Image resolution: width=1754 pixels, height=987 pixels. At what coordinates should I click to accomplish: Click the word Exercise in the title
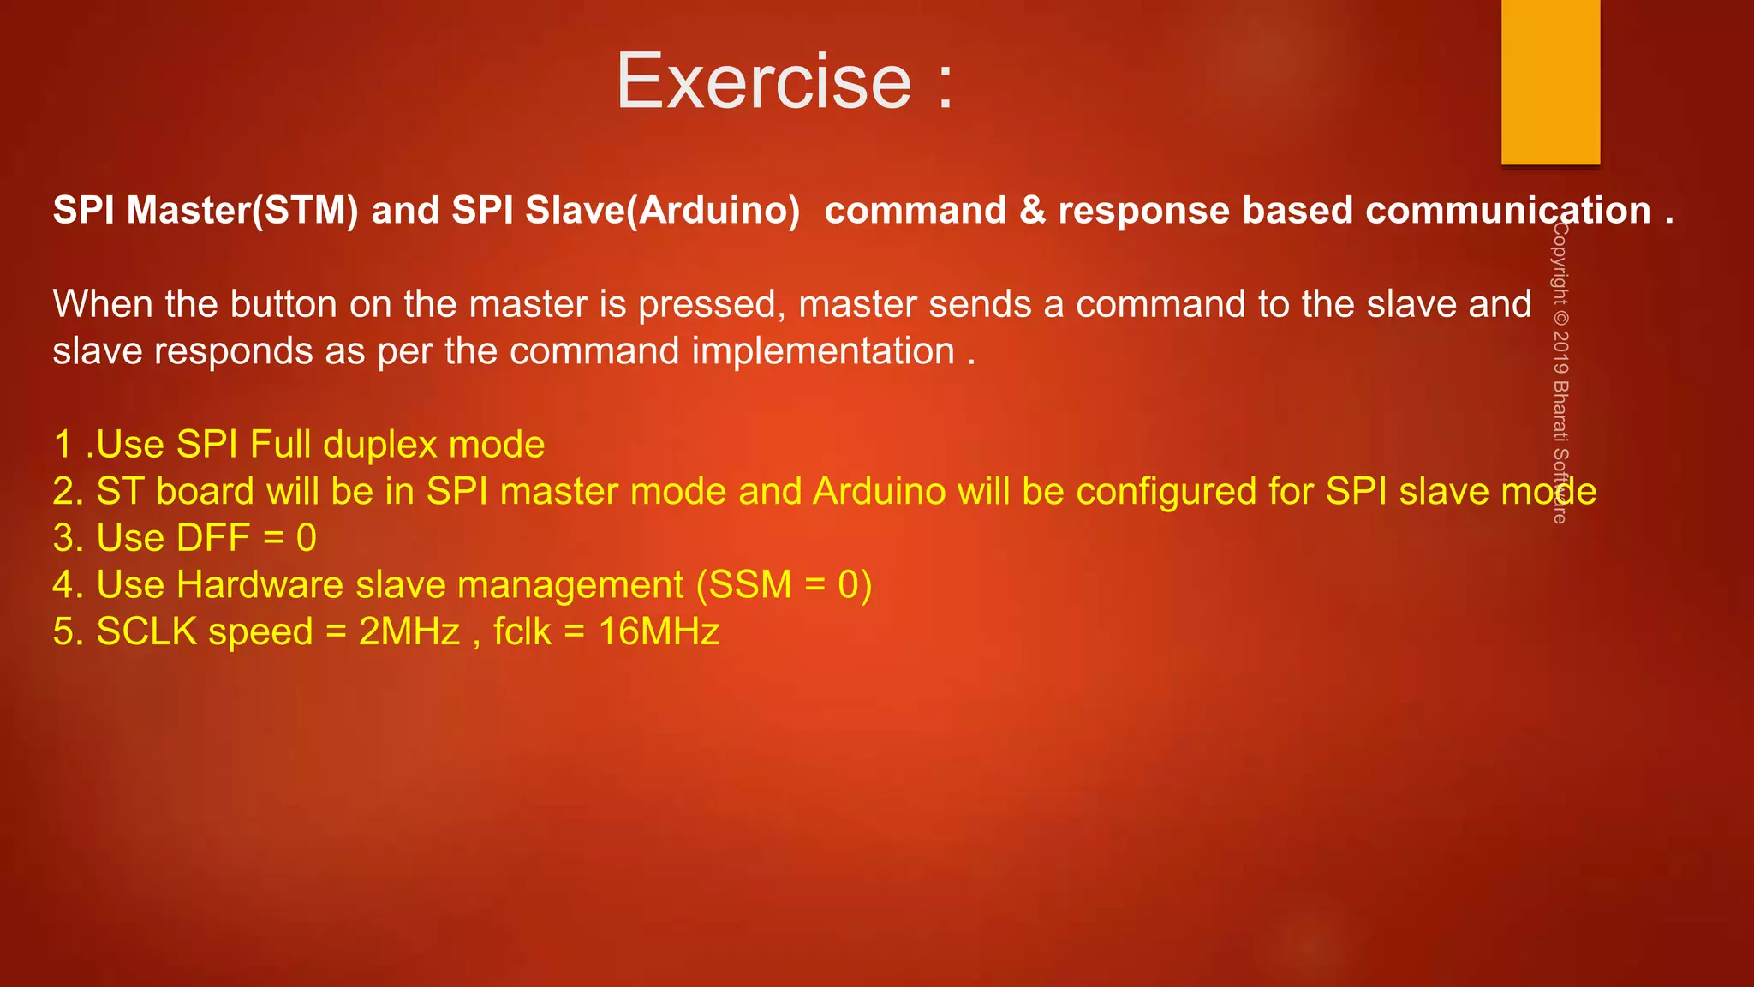point(764,81)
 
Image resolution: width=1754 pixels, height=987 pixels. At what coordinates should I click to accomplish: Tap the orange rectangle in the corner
point(1550,81)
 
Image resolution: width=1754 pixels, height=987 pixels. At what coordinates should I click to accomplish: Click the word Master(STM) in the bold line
point(242,211)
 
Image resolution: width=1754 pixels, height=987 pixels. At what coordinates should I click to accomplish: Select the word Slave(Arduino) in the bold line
point(662,211)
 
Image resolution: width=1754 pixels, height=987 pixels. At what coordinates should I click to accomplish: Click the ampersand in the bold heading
point(1032,211)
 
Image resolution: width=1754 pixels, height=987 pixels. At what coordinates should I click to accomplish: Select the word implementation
point(823,351)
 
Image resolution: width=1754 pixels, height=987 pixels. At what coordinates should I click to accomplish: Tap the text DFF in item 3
point(212,538)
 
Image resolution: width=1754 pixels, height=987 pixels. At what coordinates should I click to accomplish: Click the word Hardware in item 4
point(260,585)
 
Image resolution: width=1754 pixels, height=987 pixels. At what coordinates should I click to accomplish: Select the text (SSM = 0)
point(784,585)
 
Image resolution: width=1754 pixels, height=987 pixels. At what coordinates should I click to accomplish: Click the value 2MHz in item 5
point(409,631)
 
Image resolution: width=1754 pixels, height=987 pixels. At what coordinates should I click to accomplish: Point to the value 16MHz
point(659,631)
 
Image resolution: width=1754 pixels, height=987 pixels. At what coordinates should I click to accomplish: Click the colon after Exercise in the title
point(945,83)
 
